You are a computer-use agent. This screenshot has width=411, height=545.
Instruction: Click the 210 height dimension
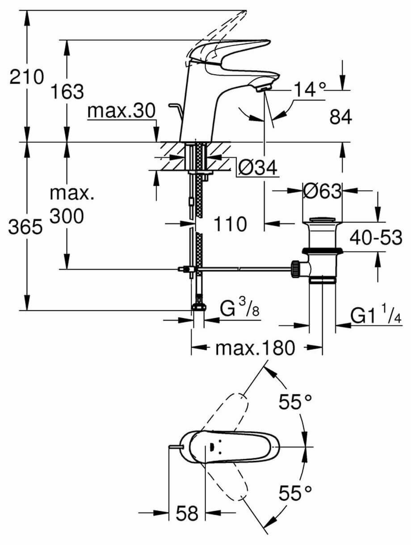coord(27,78)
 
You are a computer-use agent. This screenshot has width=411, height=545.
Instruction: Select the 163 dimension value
coord(67,92)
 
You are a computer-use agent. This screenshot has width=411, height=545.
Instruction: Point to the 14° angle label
coord(310,90)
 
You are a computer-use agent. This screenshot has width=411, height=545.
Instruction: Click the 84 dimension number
coord(341,117)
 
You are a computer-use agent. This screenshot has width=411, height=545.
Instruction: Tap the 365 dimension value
coord(26,228)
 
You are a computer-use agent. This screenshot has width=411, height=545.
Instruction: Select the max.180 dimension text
coord(255,348)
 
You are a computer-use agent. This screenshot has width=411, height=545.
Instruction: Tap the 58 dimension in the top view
coord(186,514)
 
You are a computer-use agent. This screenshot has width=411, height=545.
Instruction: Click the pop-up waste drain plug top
coord(322,220)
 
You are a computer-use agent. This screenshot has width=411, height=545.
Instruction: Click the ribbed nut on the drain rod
coord(295,268)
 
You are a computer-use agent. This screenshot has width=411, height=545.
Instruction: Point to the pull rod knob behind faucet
coord(174,106)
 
